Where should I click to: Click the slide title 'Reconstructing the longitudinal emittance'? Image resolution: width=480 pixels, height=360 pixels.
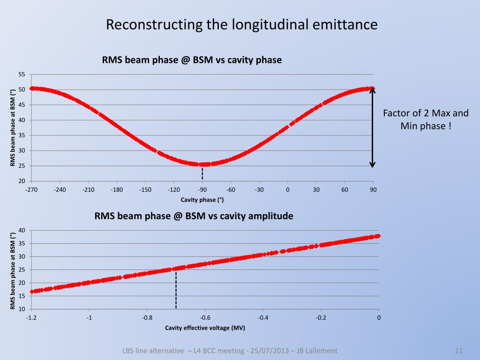point(241,24)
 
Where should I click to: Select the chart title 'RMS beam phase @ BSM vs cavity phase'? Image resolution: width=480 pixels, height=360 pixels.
point(192,60)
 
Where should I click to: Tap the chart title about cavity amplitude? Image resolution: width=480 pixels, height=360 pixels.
point(194,216)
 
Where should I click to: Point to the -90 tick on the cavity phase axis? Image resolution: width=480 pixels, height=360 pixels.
point(202,190)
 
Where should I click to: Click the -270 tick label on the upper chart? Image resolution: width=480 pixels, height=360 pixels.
point(31,190)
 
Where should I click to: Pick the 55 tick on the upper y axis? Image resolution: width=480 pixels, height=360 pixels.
point(22,75)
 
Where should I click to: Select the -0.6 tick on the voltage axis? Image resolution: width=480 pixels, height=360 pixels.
point(205,318)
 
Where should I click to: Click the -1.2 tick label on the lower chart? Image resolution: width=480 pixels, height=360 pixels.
point(31,318)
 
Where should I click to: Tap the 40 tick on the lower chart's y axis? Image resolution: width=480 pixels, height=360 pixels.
point(22,230)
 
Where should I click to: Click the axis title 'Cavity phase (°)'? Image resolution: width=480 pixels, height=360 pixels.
point(202,200)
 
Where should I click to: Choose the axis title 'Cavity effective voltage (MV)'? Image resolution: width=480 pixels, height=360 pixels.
point(205,328)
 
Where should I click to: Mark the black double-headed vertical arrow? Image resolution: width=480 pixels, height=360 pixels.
point(372,127)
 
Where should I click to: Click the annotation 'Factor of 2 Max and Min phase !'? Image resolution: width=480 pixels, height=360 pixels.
point(426,120)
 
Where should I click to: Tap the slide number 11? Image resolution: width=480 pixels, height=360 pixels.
point(459,351)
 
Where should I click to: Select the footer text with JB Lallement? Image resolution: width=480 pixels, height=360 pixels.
point(230,351)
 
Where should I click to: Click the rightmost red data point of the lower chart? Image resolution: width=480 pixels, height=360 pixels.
point(378,236)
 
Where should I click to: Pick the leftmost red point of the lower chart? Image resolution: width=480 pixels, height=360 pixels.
point(32,292)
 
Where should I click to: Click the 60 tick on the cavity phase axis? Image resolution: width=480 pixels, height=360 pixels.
point(345,190)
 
